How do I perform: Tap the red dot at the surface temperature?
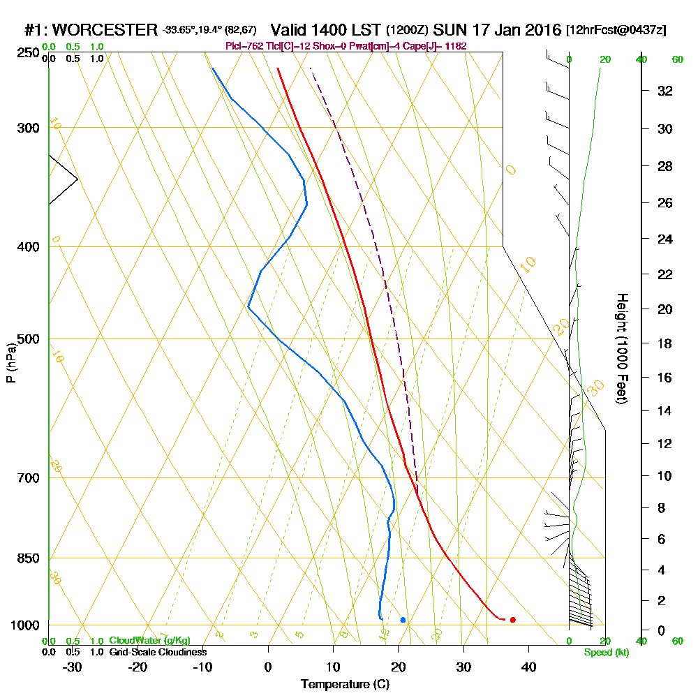513,620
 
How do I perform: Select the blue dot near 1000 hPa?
403,620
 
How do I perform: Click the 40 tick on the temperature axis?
528,667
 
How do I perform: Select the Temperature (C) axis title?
345,685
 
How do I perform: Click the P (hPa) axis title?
10,362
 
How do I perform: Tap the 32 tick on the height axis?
664,91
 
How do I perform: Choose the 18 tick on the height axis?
664,343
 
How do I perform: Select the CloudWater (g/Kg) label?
149,641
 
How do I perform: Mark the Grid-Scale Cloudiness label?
157,652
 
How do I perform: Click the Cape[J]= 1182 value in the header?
438,46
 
